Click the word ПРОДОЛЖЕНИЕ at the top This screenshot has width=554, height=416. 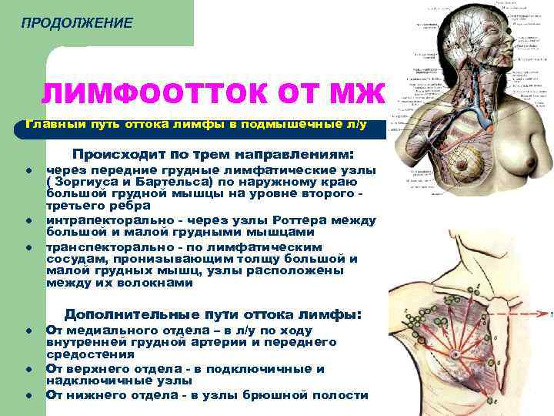point(76,23)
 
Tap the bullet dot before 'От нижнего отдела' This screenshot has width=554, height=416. point(28,395)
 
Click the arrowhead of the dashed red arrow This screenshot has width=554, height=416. point(551,314)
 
